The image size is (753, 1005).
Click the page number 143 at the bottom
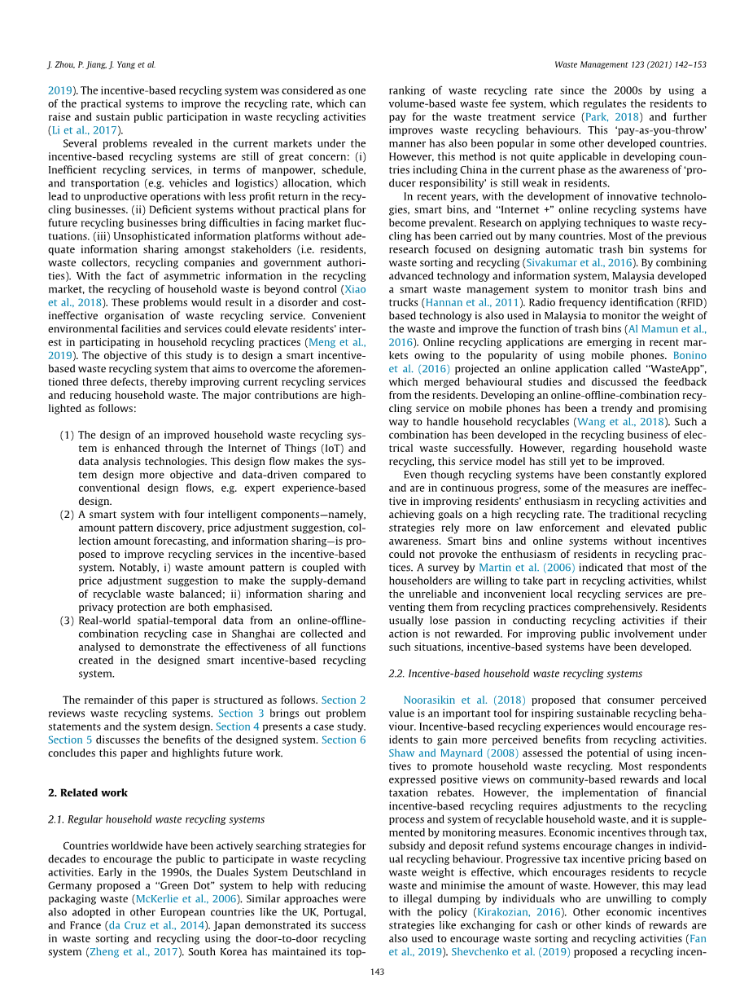point(377,972)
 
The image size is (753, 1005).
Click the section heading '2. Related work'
point(87,792)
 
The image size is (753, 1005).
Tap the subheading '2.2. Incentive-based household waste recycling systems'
point(515,674)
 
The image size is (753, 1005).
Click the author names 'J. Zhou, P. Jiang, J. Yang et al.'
point(102,64)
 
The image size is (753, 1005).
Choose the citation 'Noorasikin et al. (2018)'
point(465,700)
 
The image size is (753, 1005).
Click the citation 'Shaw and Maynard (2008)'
point(453,753)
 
